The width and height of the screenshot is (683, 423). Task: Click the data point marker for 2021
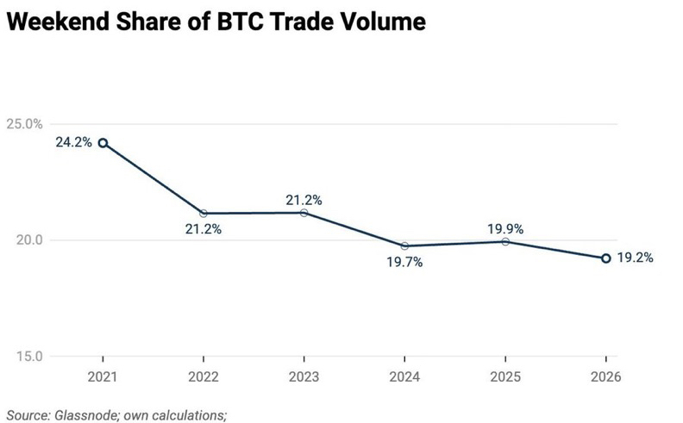(103, 143)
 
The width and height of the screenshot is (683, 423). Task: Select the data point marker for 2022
(204, 213)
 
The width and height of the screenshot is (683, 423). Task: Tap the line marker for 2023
(304, 212)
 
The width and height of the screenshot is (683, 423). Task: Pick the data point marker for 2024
(404, 246)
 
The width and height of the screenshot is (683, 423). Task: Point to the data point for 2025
(505, 241)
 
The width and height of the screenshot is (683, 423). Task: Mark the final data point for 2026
(605, 258)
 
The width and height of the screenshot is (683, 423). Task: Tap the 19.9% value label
(505, 228)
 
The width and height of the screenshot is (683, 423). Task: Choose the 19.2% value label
(636, 258)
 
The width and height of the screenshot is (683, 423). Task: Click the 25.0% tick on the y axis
(25, 124)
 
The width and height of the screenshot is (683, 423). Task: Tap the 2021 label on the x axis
(103, 376)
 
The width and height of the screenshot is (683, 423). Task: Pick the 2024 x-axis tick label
(404, 376)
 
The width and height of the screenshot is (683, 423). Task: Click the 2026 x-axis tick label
(605, 376)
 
